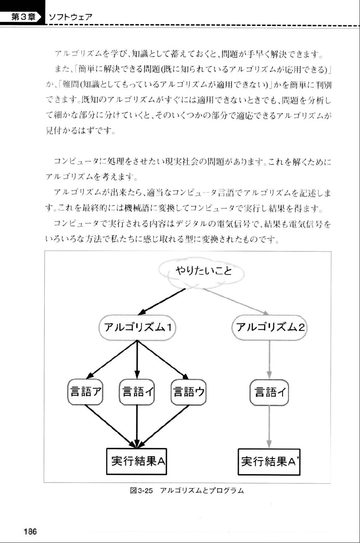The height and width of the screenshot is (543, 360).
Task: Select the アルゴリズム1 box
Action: [137, 328]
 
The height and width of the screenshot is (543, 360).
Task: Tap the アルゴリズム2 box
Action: [269, 328]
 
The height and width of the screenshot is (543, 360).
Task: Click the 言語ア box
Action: [85, 392]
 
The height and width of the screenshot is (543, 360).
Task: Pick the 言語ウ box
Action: [188, 392]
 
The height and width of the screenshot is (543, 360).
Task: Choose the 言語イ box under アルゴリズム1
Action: [137, 392]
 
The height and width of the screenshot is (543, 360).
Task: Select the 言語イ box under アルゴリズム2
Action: [269, 392]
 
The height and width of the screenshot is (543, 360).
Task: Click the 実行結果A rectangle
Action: [137, 461]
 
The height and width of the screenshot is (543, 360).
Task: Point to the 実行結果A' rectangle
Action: [269, 462]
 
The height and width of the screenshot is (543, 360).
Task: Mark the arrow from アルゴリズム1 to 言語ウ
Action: [163, 360]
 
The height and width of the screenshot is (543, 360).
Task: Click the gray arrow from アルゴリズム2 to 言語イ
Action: [269, 360]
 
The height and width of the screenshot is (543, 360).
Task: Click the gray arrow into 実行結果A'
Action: [269, 427]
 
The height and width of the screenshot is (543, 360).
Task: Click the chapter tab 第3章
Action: [23, 17]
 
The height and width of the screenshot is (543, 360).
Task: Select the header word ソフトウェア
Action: [71, 17]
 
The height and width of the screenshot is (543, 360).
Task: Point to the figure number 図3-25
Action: [142, 491]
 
